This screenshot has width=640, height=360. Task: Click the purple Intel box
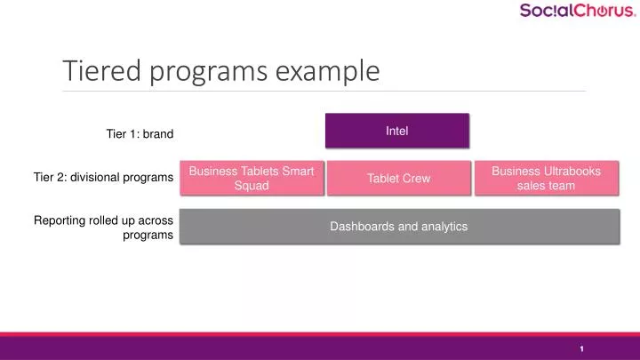(x=396, y=131)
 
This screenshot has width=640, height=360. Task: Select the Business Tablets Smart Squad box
(x=252, y=178)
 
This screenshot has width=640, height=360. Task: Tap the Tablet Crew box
(x=398, y=178)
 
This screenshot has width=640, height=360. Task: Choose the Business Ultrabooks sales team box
(x=546, y=178)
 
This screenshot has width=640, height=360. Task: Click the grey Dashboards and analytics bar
(x=399, y=227)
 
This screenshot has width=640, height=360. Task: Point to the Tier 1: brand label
(x=140, y=134)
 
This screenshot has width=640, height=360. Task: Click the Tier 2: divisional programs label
(x=103, y=178)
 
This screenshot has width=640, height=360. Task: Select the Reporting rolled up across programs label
(x=103, y=227)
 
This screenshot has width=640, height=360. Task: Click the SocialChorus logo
(x=577, y=12)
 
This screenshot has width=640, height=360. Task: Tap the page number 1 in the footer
(x=581, y=348)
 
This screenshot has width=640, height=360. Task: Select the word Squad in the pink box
(x=252, y=186)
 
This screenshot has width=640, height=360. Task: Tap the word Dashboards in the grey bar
(x=362, y=227)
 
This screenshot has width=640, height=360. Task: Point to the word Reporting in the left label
(x=59, y=220)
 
